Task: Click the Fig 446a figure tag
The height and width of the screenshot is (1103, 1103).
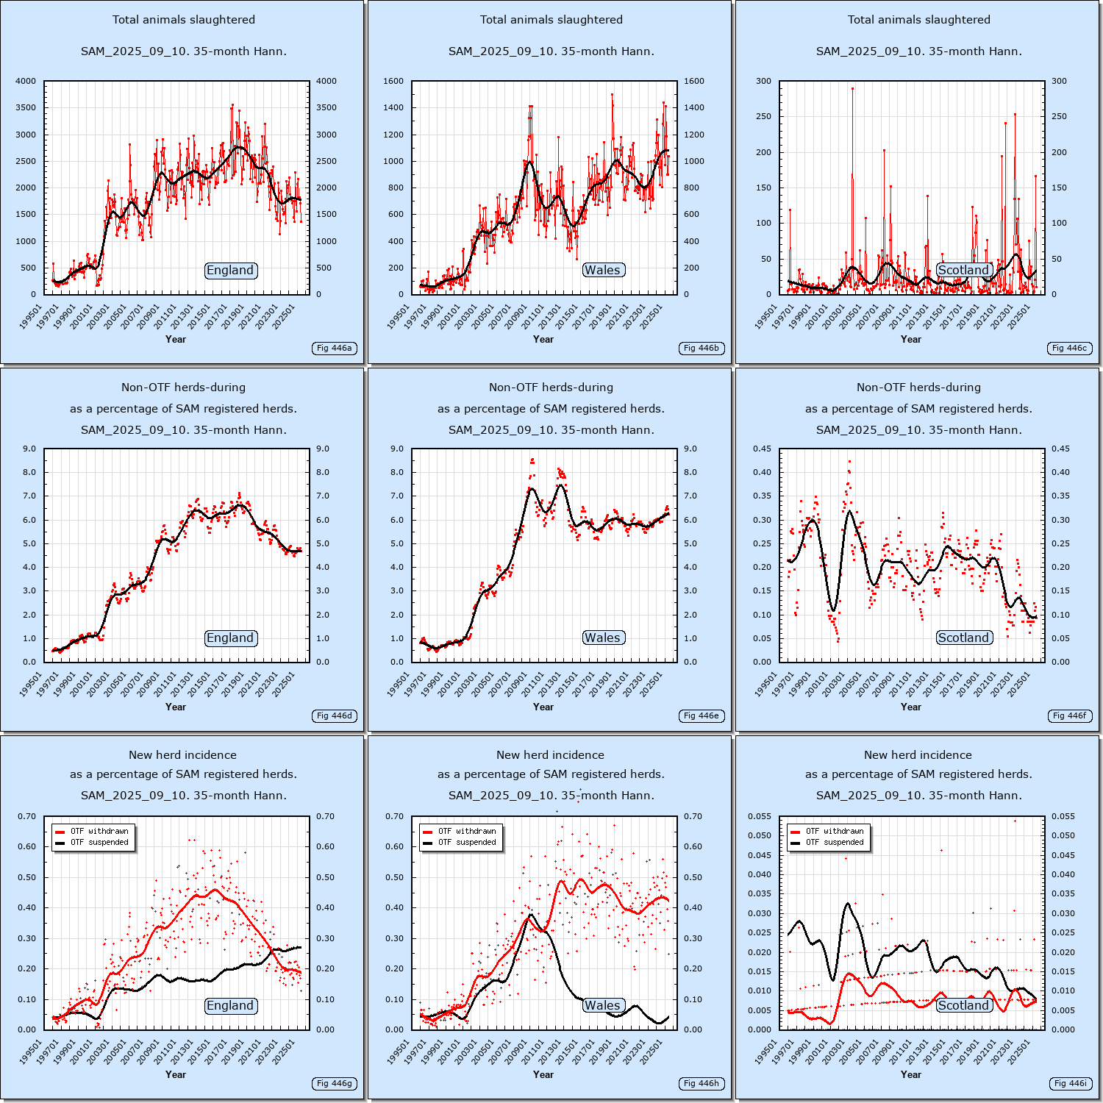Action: pos(334,348)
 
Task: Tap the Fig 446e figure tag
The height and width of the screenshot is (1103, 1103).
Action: pos(702,715)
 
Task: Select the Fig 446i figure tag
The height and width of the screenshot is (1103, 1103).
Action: pos(1070,1083)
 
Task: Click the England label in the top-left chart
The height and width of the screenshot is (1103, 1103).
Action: pos(230,271)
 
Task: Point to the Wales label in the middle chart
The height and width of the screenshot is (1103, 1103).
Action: pos(603,638)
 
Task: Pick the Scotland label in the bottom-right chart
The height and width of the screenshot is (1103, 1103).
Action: pos(963,1005)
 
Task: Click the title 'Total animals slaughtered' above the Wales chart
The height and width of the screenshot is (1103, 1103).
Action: pos(551,20)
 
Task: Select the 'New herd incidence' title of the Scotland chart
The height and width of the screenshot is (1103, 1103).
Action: pos(918,755)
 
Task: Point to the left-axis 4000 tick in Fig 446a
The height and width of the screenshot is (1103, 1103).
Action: pos(26,81)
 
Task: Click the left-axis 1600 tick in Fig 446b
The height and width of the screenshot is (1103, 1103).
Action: pos(393,81)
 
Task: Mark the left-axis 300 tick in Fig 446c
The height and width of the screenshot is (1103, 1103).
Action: pos(764,81)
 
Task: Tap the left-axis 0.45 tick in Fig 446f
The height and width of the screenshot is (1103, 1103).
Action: pos(762,449)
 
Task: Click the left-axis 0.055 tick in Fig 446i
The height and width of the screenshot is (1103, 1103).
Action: pos(760,816)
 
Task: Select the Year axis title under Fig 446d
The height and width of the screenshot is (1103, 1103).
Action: pos(176,707)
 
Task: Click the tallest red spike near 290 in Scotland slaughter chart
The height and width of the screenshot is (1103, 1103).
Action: pos(852,89)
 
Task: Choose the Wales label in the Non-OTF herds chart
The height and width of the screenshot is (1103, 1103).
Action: pos(603,638)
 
